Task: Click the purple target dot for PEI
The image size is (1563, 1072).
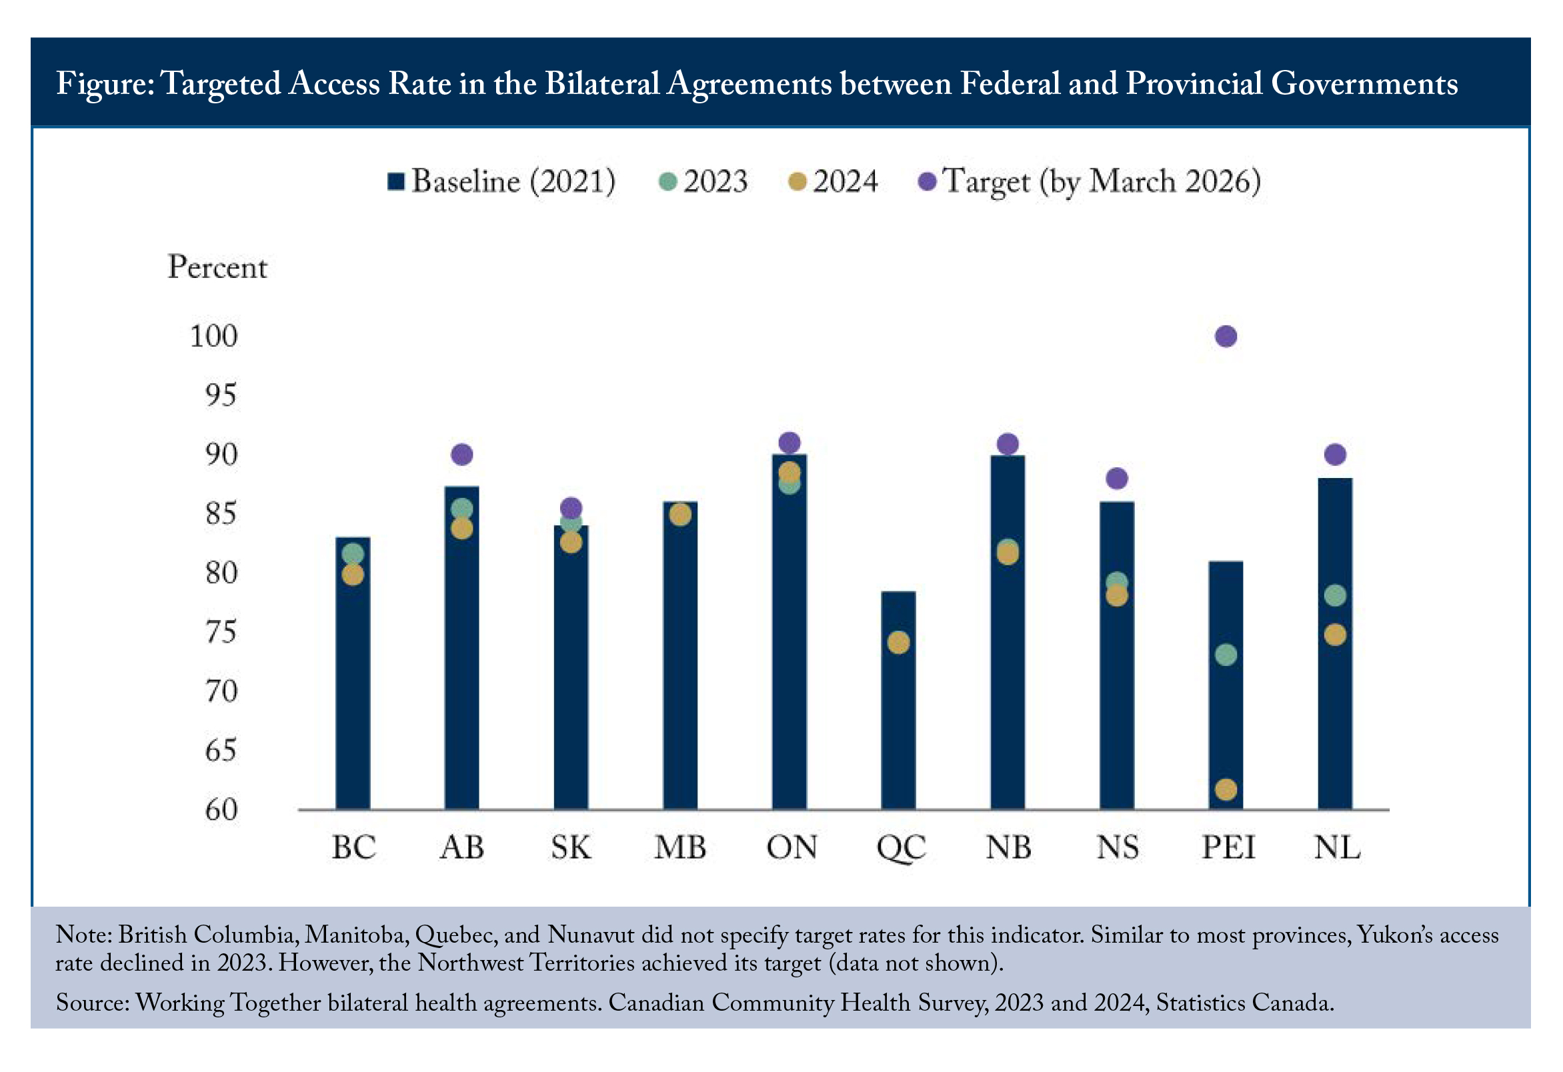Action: point(1226,336)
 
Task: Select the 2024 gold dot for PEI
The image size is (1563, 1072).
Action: point(1226,789)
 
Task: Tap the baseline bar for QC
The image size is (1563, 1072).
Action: point(898,699)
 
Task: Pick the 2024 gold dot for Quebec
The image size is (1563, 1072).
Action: point(898,642)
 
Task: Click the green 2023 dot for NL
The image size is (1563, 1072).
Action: point(1334,595)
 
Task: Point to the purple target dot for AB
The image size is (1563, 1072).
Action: point(461,455)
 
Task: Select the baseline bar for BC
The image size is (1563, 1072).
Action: point(353,673)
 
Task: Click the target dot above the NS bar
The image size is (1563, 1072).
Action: point(1116,478)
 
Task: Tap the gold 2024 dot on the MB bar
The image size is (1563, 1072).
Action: point(680,515)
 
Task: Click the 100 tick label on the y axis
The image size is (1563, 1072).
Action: point(214,335)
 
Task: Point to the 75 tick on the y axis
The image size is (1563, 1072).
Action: point(221,631)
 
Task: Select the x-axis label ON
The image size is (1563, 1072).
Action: point(792,847)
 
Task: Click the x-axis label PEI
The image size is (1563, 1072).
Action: point(1228,847)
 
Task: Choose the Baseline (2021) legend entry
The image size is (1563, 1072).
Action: point(501,181)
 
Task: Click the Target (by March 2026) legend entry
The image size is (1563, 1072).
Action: point(1090,181)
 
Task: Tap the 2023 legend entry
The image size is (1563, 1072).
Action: point(703,181)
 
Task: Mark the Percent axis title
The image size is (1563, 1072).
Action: point(217,267)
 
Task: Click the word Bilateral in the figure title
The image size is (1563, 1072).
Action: point(602,83)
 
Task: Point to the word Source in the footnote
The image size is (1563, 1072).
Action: point(92,1003)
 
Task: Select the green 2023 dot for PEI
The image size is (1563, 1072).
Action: point(1226,655)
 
